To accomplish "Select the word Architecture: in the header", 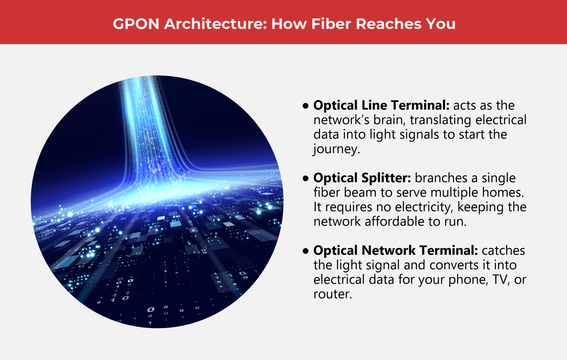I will pos(215,24).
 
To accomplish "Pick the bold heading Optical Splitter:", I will pos(362,178).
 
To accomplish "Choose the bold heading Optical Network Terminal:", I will pos(396,251).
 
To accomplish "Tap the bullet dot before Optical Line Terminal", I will pos(306,106).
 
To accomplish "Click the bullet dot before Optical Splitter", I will pos(306,179).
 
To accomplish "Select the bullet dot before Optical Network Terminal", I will pos(306,251).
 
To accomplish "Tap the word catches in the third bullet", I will pos(504,251).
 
